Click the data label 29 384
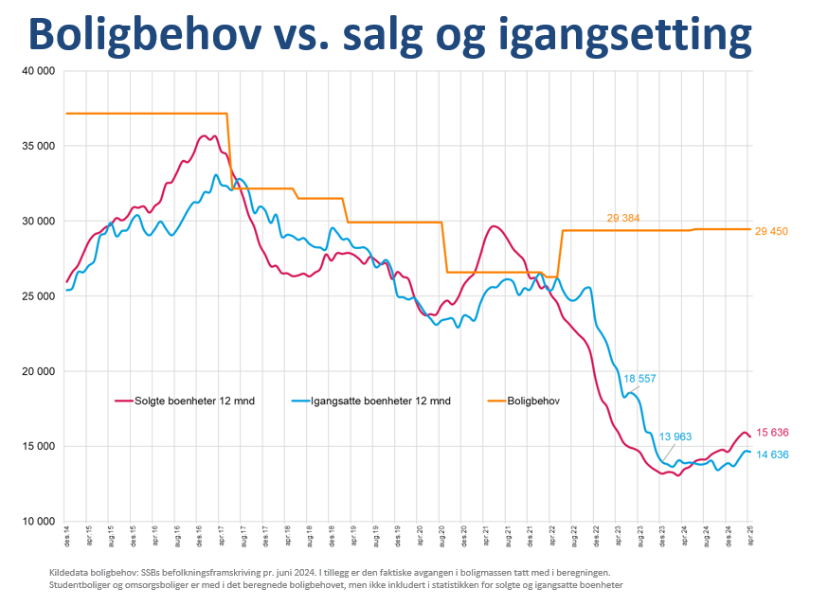(x=623, y=219)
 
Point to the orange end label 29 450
(x=771, y=231)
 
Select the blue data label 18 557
(x=640, y=378)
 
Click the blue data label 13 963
(x=675, y=437)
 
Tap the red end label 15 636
(x=771, y=433)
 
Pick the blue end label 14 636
(x=771, y=455)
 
